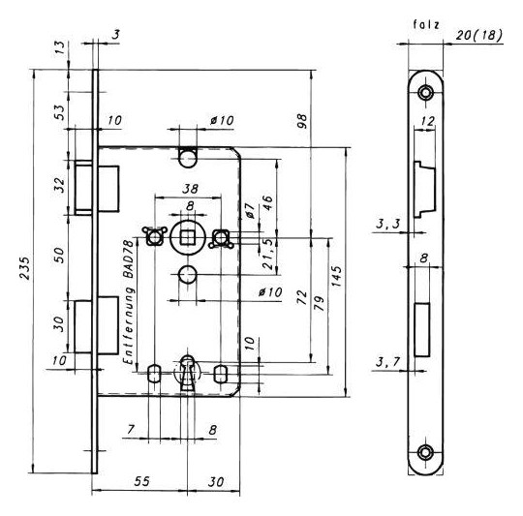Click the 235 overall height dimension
click(x=24, y=268)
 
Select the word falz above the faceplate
click(x=426, y=24)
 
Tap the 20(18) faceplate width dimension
click(x=478, y=35)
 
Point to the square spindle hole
click(x=188, y=238)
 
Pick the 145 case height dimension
click(x=336, y=276)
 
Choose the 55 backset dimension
click(x=142, y=481)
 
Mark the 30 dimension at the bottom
click(x=215, y=482)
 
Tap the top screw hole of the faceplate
click(x=425, y=92)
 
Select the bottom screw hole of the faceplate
click(x=425, y=452)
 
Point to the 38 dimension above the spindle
click(x=190, y=189)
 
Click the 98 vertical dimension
click(x=301, y=121)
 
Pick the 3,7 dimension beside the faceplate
click(x=388, y=362)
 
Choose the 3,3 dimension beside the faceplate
click(x=388, y=224)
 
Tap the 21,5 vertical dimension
click(x=267, y=255)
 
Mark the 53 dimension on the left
click(x=59, y=112)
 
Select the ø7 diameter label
click(x=250, y=210)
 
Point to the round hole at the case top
click(x=188, y=159)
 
